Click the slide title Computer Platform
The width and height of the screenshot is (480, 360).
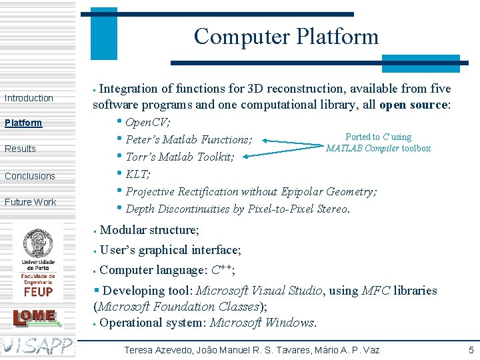[286, 36]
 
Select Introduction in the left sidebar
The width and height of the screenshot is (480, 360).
[29, 98]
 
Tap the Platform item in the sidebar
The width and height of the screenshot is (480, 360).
[23, 123]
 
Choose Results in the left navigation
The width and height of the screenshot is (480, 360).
[20, 149]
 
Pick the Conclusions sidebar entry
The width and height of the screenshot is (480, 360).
[30, 176]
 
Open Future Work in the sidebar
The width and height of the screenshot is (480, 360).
[31, 202]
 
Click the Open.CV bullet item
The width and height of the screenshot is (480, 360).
[147, 123]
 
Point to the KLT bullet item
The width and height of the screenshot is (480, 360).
[138, 175]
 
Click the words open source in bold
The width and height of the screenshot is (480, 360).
[413, 105]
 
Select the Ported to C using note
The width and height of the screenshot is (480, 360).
[378, 137]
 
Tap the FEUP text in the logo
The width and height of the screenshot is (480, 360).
[38, 291]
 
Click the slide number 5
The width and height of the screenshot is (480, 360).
[471, 349]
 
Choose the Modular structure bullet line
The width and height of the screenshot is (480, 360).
[149, 230]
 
